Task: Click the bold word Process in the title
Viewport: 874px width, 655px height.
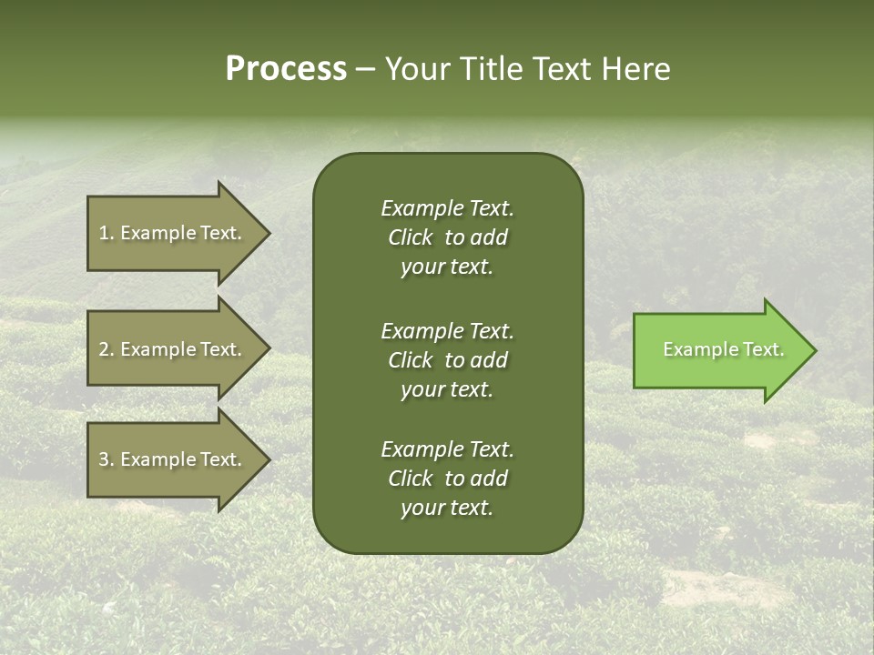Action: coord(286,69)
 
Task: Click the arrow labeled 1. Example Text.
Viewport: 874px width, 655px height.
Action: coord(173,233)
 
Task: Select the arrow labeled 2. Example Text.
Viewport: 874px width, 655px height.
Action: coord(173,349)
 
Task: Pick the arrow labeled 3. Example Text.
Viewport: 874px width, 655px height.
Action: coord(173,459)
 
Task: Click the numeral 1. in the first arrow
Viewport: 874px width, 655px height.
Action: coord(107,233)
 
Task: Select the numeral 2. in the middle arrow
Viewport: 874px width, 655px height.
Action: coord(107,349)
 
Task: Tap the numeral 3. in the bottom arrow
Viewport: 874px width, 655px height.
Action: coord(107,459)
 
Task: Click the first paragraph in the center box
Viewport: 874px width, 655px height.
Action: coord(447,237)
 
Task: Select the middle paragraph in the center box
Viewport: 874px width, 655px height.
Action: coord(447,360)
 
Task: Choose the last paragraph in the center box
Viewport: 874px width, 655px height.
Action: coord(447,479)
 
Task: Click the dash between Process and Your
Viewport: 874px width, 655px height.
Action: coord(366,69)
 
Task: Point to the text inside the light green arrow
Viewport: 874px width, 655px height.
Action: coord(723,349)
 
